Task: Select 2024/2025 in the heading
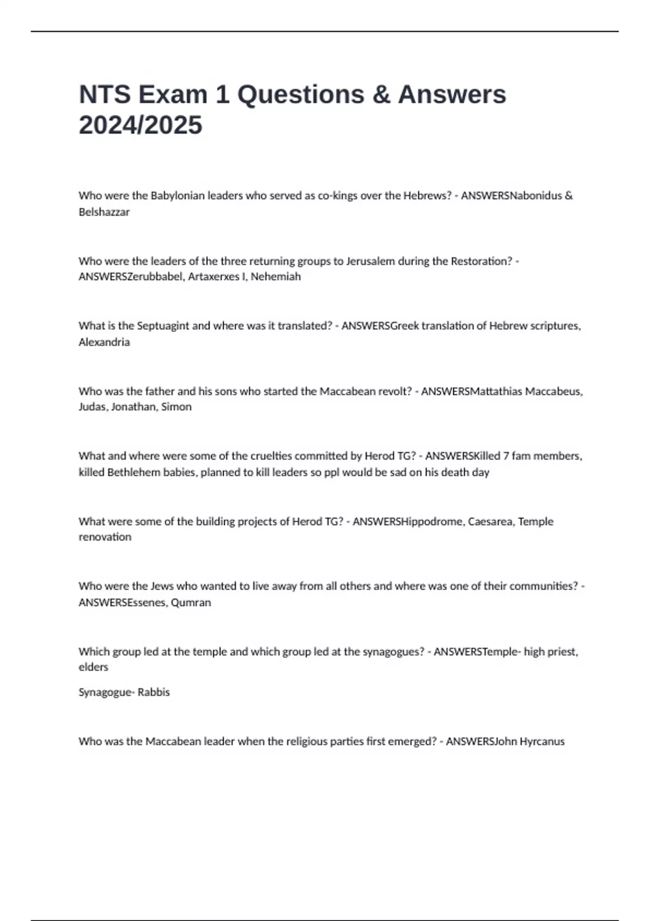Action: click(x=140, y=125)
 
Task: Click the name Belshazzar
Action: click(x=104, y=212)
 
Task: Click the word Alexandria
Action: click(x=104, y=342)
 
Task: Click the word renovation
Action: click(x=105, y=537)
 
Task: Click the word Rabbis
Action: click(x=154, y=692)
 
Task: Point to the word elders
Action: click(x=93, y=667)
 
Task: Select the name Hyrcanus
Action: click(x=542, y=741)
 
